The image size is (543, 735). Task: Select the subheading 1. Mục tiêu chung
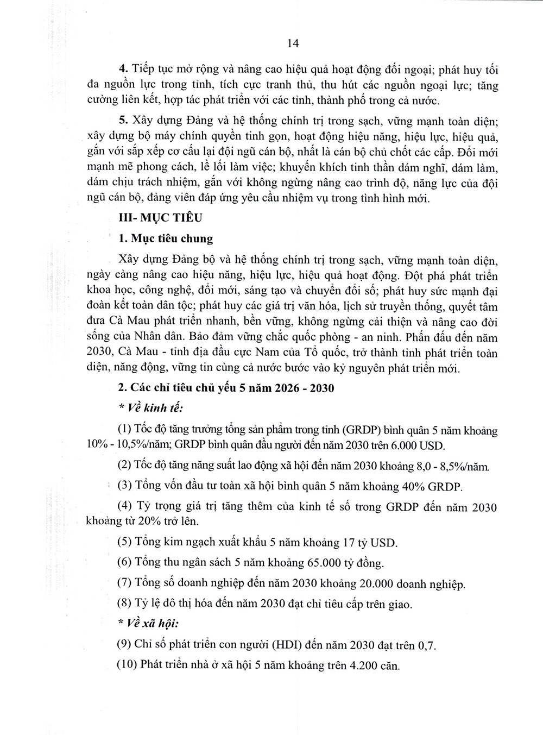166,238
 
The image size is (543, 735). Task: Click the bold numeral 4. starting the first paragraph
123,70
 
